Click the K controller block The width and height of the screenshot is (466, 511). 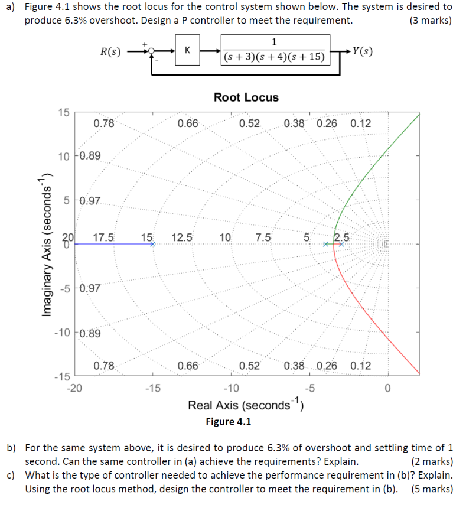187,51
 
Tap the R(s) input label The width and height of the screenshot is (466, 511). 109,51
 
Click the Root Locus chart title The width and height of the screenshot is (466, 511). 246,97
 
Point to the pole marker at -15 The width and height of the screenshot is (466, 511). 152,244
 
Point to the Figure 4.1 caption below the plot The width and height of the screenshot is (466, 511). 228,422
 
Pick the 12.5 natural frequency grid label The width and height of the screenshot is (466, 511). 182,238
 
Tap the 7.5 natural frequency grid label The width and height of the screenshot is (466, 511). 263,238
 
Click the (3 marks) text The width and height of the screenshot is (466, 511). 429,21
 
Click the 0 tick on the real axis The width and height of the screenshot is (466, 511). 387,388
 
